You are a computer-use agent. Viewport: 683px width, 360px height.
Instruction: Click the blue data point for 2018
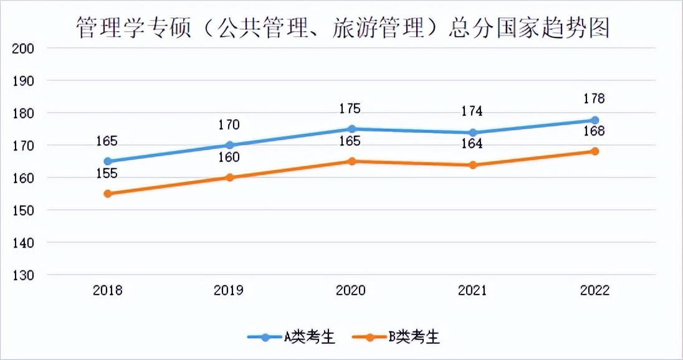coord(108,161)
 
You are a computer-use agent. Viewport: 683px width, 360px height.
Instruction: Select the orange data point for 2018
coord(108,194)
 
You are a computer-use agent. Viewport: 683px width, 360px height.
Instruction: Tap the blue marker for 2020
coord(351,129)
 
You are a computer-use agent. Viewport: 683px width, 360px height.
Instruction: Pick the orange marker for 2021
coord(473,165)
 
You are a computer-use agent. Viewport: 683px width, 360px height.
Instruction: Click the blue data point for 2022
coord(595,120)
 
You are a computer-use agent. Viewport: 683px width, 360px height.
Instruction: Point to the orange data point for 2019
coord(229,178)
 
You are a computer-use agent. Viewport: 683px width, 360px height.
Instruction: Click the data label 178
coord(595,98)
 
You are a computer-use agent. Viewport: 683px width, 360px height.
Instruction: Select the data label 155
coord(108,173)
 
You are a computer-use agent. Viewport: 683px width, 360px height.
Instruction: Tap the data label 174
coord(473,111)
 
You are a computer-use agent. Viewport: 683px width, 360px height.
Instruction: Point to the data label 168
coord(595,131)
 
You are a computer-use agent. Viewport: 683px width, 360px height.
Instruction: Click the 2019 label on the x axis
coord(229,291)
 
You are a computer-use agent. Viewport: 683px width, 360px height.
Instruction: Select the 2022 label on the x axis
coord(595,291)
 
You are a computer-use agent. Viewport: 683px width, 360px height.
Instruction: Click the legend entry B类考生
coord(396,338)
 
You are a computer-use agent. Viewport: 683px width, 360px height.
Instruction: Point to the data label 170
coord(229,125)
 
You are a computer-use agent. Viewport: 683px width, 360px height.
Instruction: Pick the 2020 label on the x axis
coord(351,291)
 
